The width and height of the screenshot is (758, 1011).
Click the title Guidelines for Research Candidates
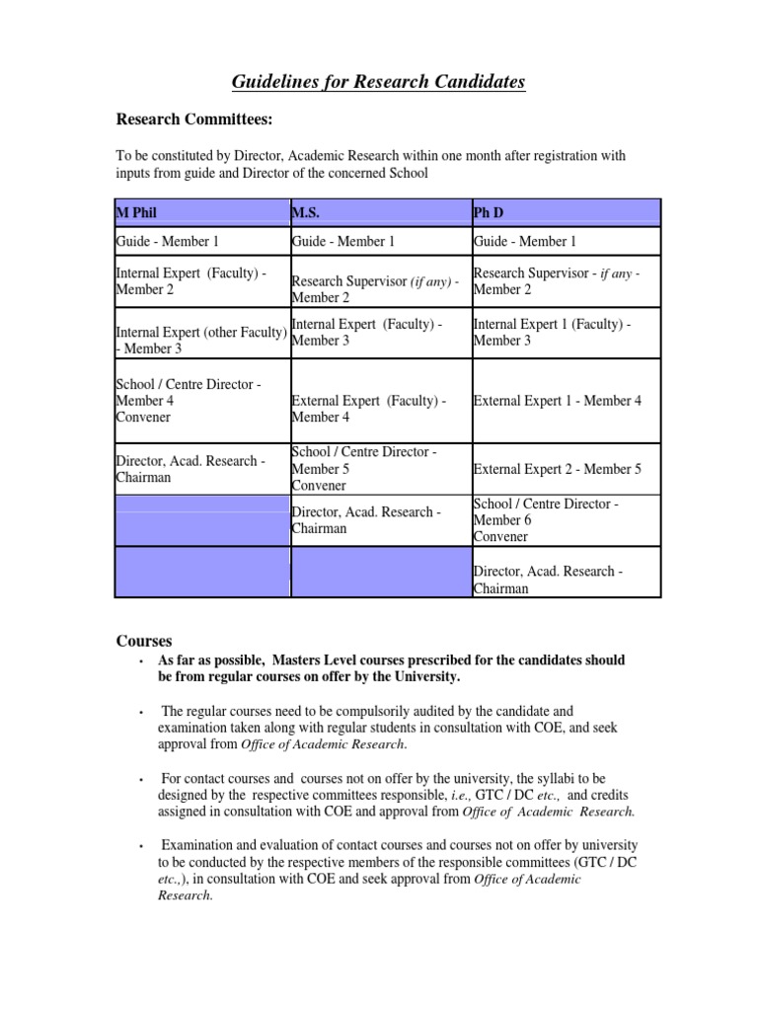pos(378,82)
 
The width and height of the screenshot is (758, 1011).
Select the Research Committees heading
pos(194,119)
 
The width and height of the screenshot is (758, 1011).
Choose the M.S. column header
pos(308,212)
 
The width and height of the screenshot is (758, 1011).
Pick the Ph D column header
pos(489,212)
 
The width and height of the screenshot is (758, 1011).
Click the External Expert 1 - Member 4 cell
pos(558,401)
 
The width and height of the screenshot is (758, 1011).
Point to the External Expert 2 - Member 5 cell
pos(558,469)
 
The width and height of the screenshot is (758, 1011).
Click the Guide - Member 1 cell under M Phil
pos(168,241)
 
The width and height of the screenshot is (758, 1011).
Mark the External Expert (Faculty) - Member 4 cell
pos(369,409)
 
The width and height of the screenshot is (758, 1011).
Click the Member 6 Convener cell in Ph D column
pos(546,520)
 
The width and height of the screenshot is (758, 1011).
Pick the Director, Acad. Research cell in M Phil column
pos(189,469)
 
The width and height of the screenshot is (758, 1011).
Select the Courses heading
pos(144,640)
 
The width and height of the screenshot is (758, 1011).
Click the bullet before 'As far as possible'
pos(142,661)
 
